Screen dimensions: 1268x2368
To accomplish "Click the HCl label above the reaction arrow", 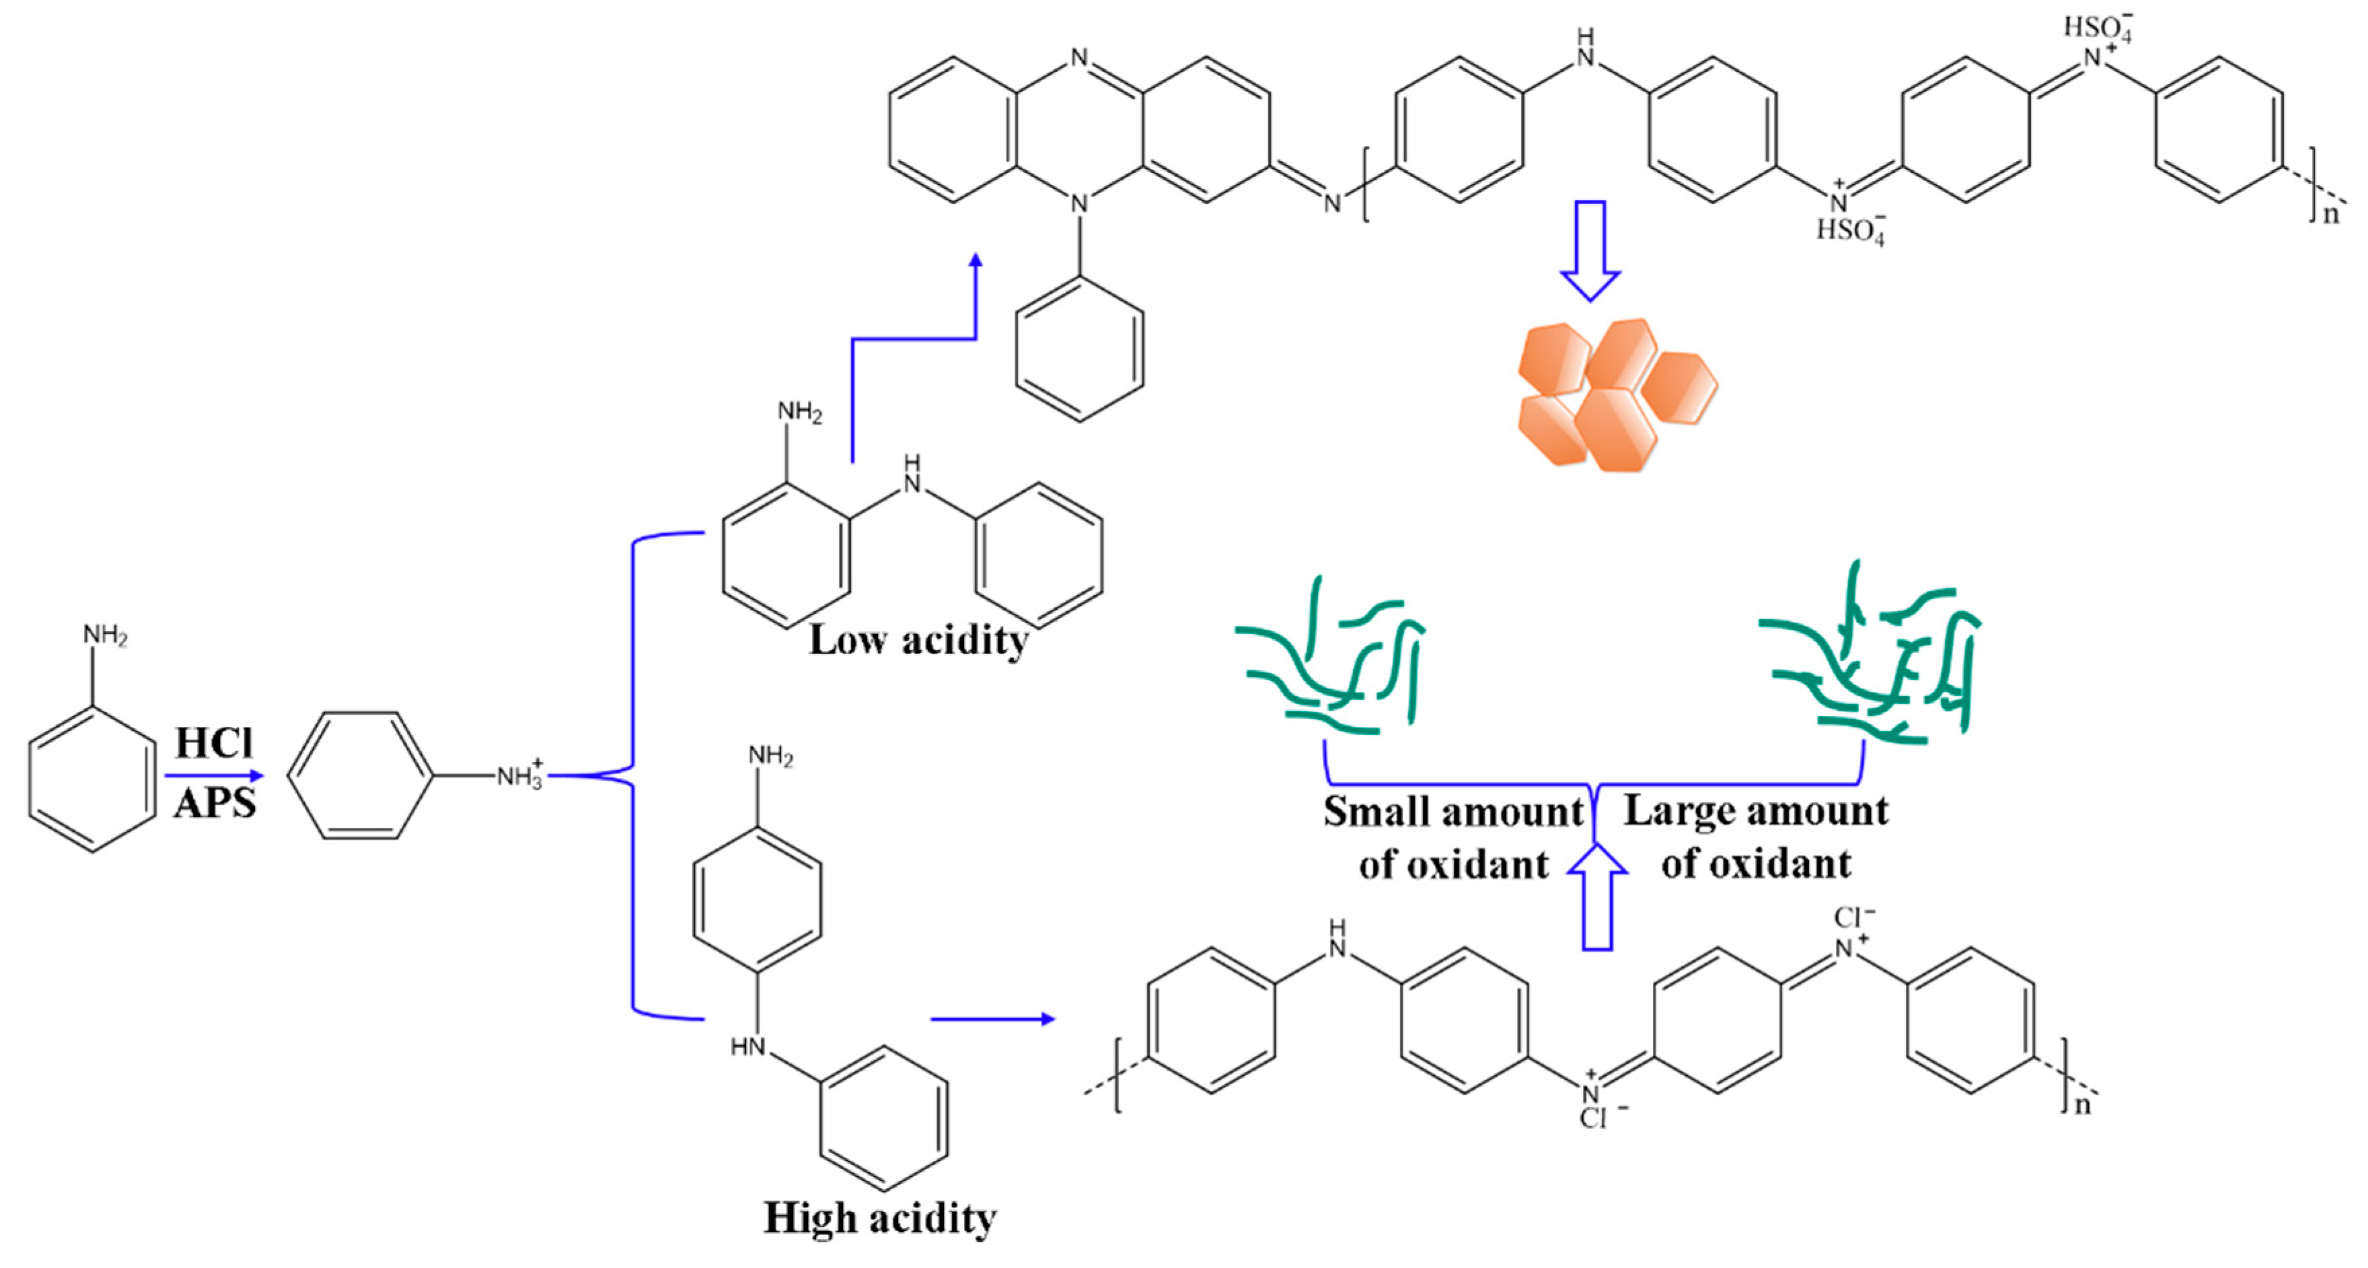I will [213, 743].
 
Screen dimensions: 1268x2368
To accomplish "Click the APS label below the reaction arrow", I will [214, 804].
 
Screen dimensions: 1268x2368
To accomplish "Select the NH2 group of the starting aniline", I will [105, 635].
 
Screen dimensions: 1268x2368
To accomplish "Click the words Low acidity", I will [918, 640].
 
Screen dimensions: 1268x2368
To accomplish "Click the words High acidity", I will [880, 1218].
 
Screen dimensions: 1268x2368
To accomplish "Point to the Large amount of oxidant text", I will [1756, 837].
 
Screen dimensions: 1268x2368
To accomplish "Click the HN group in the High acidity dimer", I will [748, 1047].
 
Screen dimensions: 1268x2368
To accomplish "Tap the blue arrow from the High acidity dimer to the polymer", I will [993, 1019].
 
